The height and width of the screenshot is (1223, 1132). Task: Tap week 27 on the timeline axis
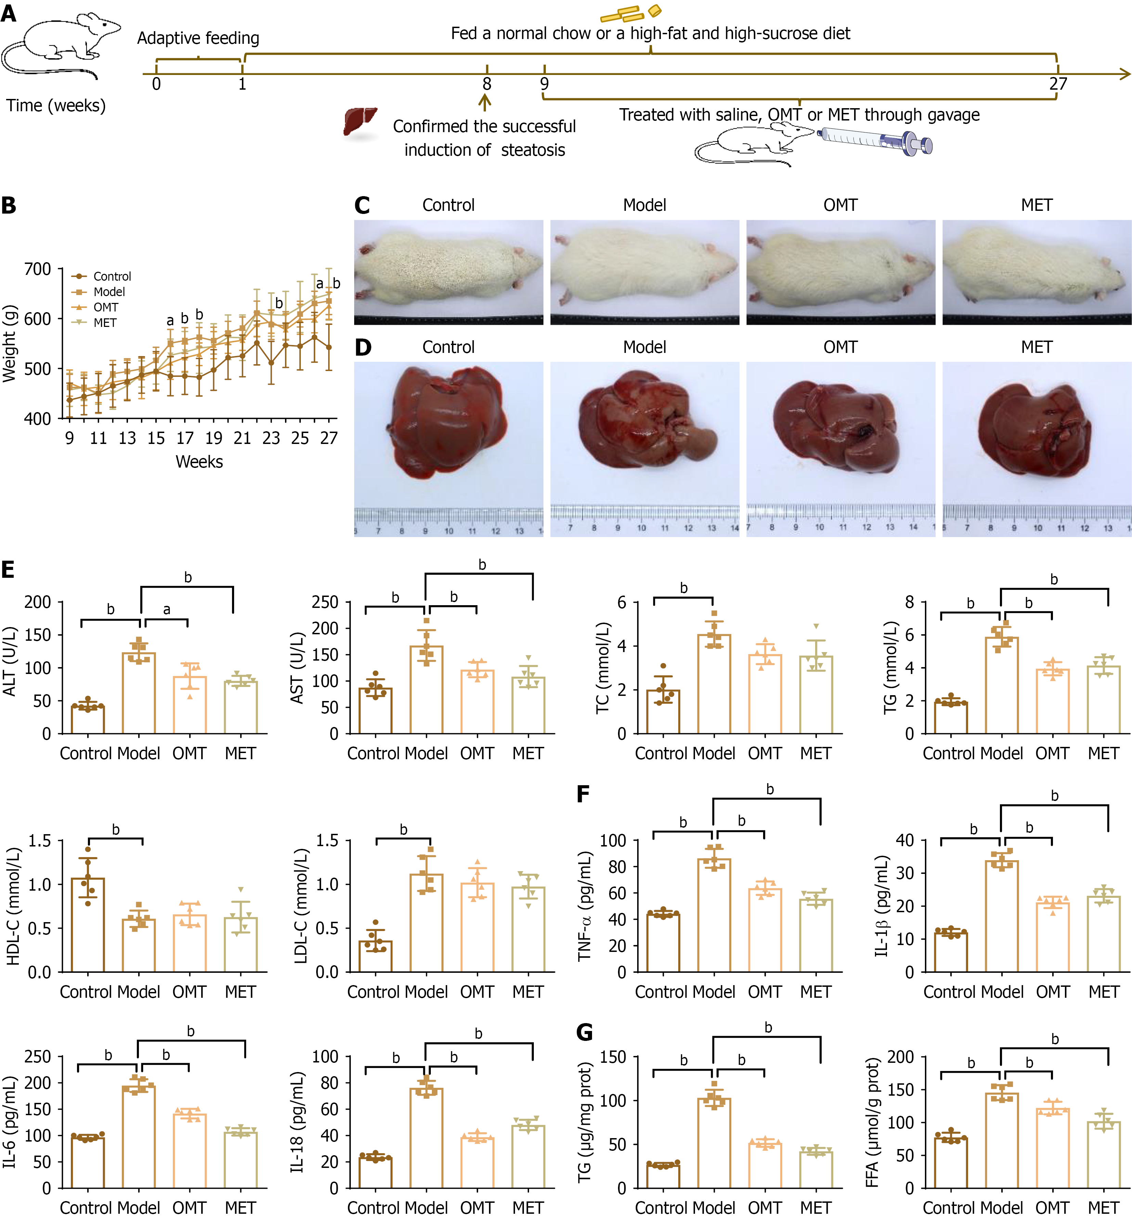click(1058, 84)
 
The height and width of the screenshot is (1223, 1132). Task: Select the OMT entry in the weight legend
click(105, 307)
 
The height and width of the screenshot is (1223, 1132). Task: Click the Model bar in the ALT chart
click(139, 692)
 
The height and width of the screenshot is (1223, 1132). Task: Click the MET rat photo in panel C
click(1037, 272)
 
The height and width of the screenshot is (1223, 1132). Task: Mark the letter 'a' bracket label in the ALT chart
click(167, 609)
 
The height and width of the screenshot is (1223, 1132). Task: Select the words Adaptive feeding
click(198, 38)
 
